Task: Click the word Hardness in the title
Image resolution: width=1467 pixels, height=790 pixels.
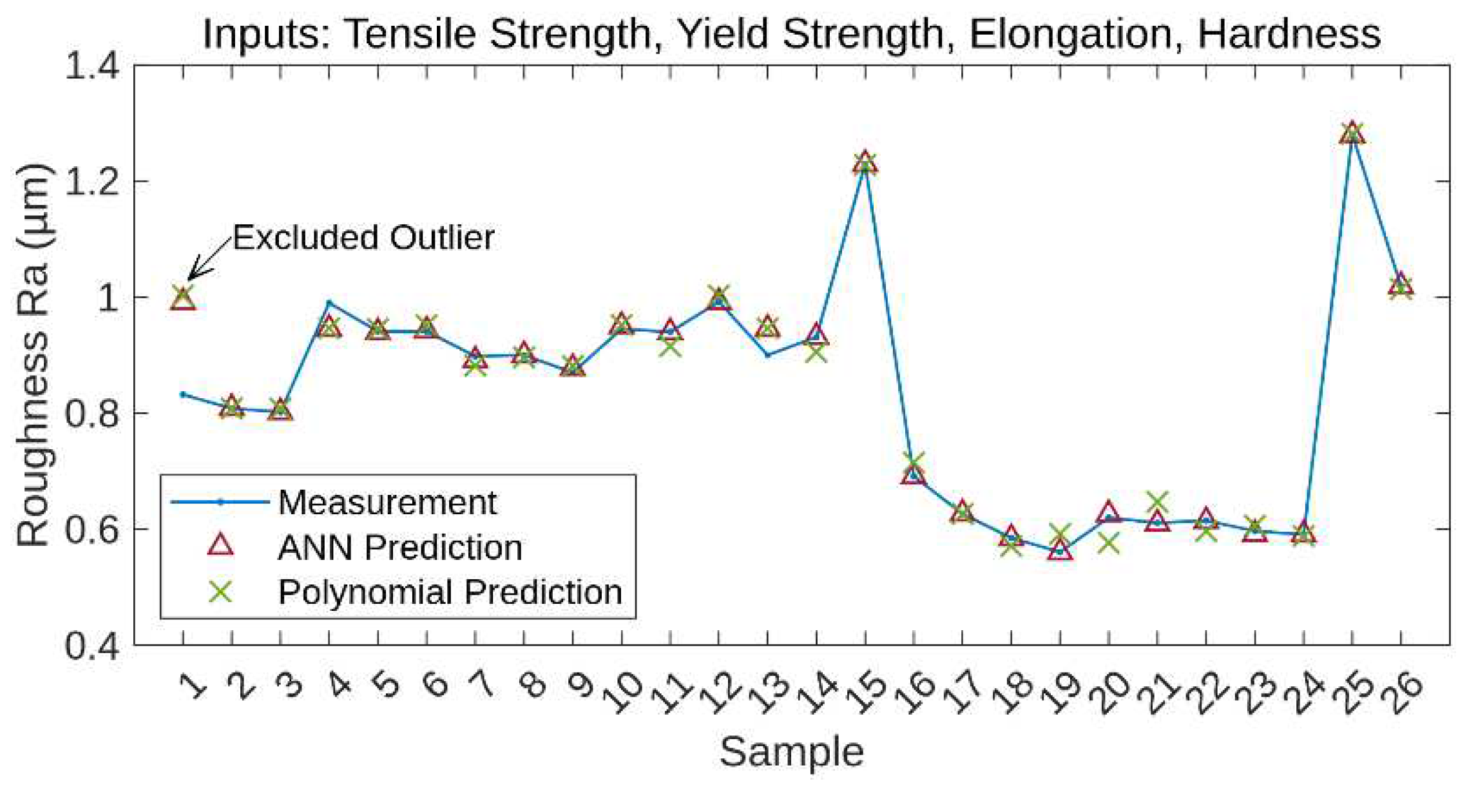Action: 1289,34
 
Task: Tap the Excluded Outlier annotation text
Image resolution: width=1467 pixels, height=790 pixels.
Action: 363,238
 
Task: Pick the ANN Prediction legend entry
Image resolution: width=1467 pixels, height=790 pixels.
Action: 399,548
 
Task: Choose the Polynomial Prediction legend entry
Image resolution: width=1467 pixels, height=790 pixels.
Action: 450,592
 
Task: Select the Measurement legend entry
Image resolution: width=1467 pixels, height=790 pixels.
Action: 387,503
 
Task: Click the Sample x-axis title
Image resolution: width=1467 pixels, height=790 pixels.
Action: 791,752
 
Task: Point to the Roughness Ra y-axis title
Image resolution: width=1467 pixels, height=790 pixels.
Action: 32,354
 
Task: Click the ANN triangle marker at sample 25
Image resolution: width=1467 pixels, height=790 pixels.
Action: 1352,133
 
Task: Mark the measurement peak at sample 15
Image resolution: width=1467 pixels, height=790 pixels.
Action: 865,164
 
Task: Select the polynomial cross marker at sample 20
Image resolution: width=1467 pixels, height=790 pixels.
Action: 1108,543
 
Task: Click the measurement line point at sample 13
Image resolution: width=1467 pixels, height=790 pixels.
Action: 767,355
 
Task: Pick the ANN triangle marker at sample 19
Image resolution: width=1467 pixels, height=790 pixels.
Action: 1060,551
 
